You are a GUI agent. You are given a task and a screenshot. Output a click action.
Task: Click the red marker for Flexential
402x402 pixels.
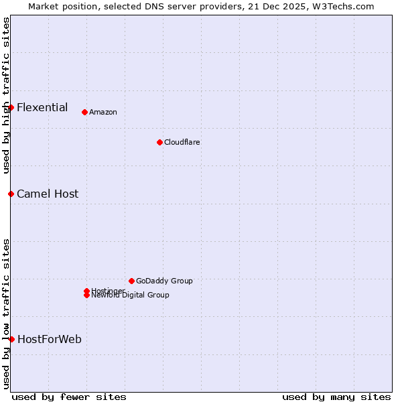[11, 107]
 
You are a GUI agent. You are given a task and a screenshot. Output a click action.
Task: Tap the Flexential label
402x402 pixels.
[42, 107]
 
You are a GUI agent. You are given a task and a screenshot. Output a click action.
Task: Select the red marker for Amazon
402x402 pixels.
[84, 112]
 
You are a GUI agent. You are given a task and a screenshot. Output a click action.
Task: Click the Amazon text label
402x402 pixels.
[103, 112]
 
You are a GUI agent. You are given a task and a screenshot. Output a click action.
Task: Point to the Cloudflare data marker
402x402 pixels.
[159, 142]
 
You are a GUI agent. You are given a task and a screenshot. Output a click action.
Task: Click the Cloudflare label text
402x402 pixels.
[182, 142]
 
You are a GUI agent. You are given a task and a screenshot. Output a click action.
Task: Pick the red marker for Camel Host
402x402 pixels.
[11, 194]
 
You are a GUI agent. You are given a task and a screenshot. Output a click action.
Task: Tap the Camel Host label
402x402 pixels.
[48, 194]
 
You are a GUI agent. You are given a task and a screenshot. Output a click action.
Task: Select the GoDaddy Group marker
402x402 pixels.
[131, 281]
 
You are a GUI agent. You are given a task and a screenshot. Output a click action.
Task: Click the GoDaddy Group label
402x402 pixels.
[164, 281]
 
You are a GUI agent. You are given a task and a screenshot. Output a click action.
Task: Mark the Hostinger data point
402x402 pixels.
[86, 291]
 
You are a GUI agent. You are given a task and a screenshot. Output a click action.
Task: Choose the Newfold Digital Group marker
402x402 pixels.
[86, 295]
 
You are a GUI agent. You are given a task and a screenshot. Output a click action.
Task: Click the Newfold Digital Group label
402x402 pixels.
[131, 295]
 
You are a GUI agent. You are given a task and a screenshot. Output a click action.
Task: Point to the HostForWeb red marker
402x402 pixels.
[11, 339]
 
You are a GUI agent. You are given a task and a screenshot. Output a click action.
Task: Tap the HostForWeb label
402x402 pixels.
[50, 339]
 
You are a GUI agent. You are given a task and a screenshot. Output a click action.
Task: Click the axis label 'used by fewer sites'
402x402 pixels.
[69, 397]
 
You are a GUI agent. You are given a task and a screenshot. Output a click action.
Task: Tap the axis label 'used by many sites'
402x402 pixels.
[336, 397]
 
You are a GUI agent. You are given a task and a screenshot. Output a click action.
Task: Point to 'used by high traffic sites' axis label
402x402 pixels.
[6, 95]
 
